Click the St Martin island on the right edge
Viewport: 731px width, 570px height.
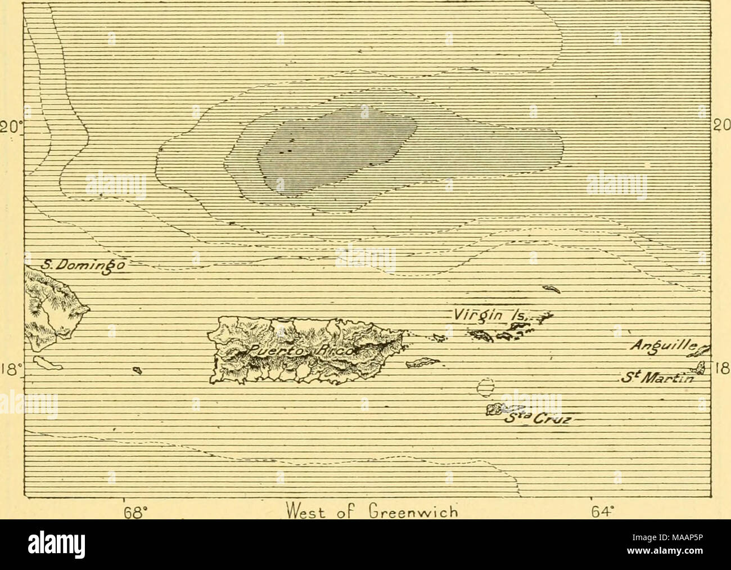coord(701,369)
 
